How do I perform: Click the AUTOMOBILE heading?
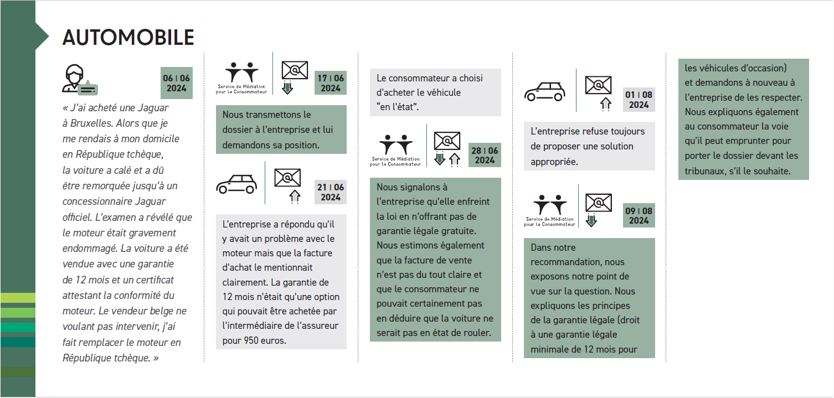click(128, 37)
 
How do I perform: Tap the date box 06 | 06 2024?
click(177, 83)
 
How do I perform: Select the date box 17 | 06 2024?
click(331, 83)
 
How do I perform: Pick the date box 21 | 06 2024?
click(331, 192)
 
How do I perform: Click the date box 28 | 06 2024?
click(485, 155)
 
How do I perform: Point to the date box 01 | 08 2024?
click(639, 100)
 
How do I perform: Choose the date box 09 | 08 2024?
click(639, 215)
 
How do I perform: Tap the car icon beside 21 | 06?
click(236, 184)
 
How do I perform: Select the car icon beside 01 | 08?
click(544, 91)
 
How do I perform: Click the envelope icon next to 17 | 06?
click(294, 70)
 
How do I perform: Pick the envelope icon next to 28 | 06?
click(447, 141)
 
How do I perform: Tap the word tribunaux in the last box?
click(701, 171)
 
